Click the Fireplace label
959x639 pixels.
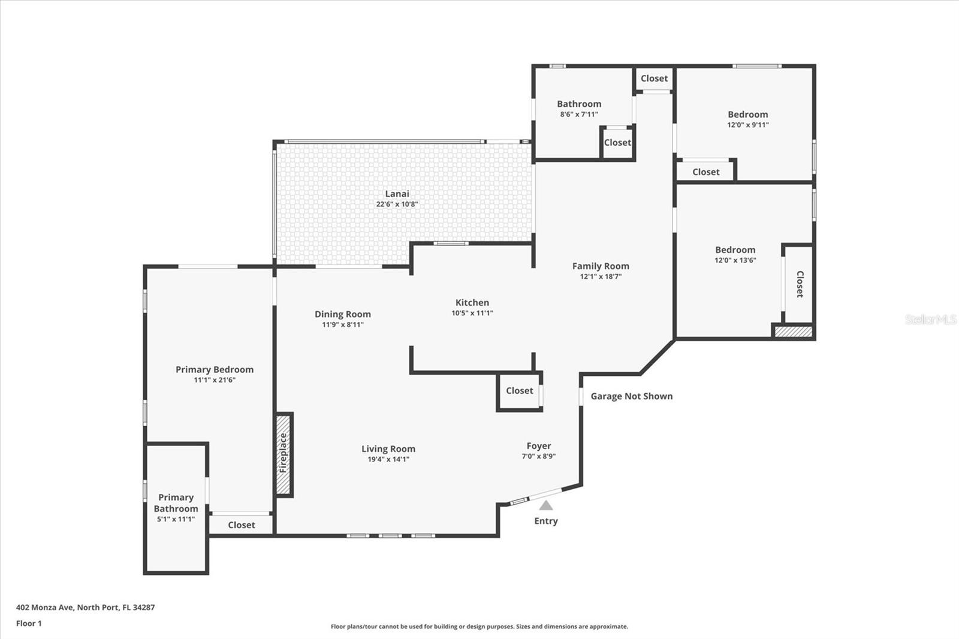click(x=284, y=454)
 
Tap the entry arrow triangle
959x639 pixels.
click(x=545, y=505)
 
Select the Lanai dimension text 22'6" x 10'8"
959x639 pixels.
click(x=397, y=204)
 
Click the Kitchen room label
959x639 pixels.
click(x=472, y=303)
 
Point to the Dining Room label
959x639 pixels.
click(x=343, y=314)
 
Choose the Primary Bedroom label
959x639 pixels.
click(x=215, y=369)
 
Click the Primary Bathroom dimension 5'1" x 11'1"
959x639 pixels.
click(x=176, y=519)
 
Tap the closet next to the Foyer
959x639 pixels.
click(x=519, y=391)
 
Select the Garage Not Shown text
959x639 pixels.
click(x=631, y=396)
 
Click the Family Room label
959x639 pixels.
click(x=601, y=266)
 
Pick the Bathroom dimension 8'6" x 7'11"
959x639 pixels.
click(x=579, y=114)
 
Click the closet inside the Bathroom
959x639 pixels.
click(x=617, y=143)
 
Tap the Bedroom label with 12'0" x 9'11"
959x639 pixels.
click(x=747, y=114)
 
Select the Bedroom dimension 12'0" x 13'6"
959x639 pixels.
click(x=735, y=260)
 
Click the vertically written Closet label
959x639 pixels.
click(x=800, y=284)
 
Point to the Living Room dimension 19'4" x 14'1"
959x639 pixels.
click(x=388, y=460)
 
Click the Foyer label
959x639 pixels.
click(x=538, y=446)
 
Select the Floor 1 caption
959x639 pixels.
click(x=29, y=623)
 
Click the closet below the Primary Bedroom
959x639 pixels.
click(x=242, y=525)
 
